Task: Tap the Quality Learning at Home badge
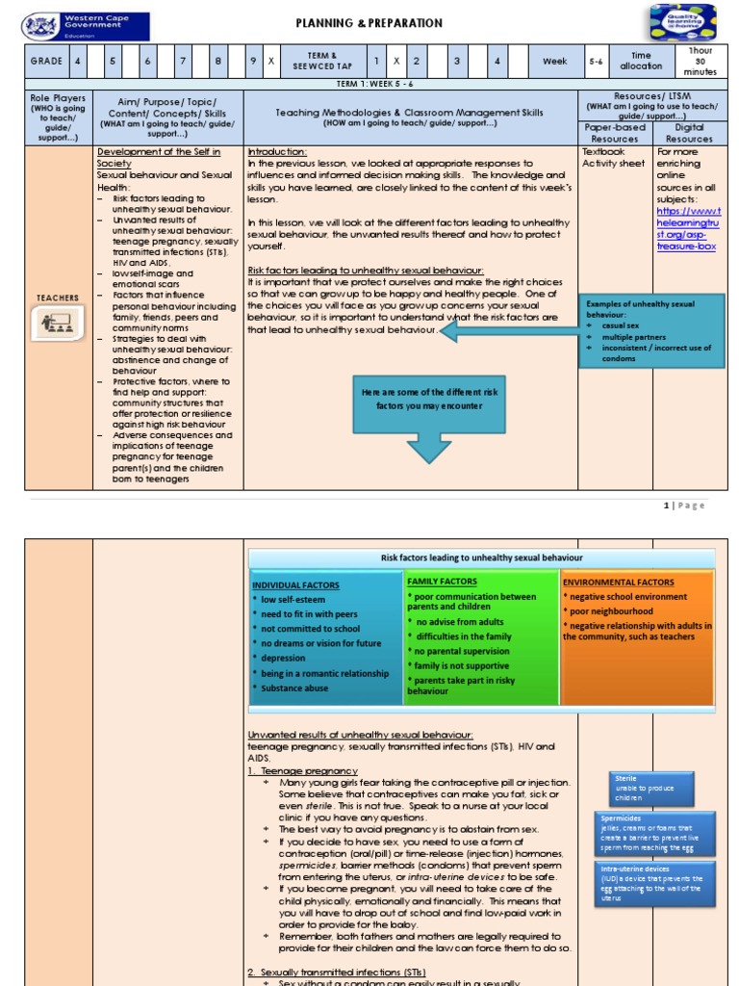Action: tap(681, 23)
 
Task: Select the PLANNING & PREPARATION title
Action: tap(369, 23)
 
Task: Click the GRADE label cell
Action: tap(46, 62)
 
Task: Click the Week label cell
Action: tap(555, 62)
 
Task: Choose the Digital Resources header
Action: tap(689, 133)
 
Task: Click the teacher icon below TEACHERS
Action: tap(58, 324)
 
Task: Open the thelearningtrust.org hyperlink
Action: tap(687, 227)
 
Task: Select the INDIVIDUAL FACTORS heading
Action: tap(290, 584)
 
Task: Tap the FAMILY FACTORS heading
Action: tap(443, 582)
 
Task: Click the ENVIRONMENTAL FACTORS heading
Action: tap(619, 583)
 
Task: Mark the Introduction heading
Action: tap(277, 152)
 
